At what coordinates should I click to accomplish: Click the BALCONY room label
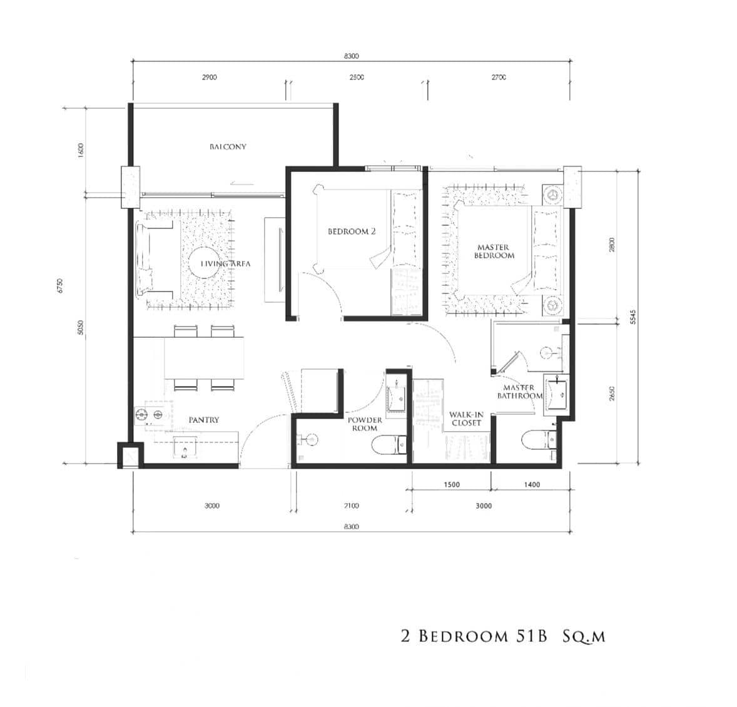coord(228,146)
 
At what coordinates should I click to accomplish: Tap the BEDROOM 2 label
coord(352,231)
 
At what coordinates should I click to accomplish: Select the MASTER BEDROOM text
coord(494,252)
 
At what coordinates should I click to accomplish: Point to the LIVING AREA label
coord(225,264)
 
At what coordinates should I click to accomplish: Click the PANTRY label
coord(204,420)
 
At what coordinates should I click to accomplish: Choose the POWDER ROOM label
coord(365,424)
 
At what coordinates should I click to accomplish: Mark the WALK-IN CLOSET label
coord(465,419)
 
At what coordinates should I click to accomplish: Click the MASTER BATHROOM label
coord(519,392)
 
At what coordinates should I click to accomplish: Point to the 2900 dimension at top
coord(209,78)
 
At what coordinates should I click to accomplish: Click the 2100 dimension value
coord(351,506)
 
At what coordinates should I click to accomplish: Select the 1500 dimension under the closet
coord(451,484)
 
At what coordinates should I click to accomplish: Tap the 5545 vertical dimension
coord(633,317)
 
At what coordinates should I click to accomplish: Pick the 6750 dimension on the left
coord(61,286)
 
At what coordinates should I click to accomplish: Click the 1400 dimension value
coord(532,484)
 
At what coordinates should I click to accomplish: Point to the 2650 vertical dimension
coord(612,394)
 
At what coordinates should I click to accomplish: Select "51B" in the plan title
coord(531,637)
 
